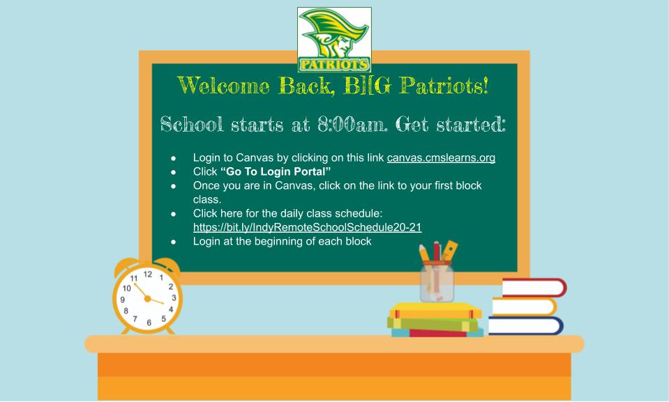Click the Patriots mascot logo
334,40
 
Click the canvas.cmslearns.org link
441,158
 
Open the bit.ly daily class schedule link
307,228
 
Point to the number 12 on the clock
148,275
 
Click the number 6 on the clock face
149,323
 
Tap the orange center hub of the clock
147,298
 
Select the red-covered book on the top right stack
534,288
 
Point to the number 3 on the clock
173,297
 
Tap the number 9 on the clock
123,299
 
